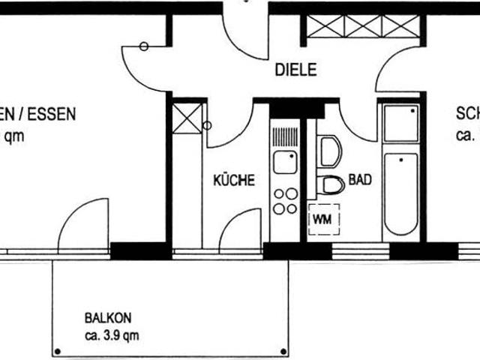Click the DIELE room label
tap(295, 70)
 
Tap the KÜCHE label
tap(234, 181)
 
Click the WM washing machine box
tap(324, 219)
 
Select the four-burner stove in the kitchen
tap(284, 201)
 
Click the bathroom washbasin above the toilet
tap(328, 151)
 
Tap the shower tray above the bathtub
tap(400, 124)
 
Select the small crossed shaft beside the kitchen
tap(187, 118)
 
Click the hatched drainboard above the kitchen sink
tap(284, 138)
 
